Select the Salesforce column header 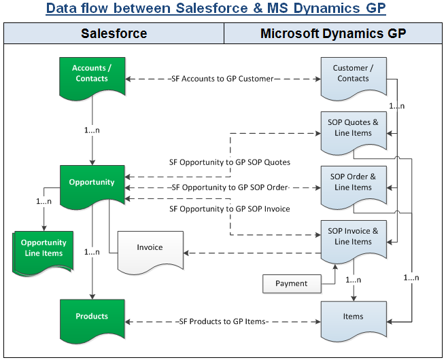114,33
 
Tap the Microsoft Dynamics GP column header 333,33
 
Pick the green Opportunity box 92,183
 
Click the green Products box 92,317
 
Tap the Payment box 292,283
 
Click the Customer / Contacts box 353,73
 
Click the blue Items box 353,317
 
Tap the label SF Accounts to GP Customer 222,79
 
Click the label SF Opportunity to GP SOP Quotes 229,162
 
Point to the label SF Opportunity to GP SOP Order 230,187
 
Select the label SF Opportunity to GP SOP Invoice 229,209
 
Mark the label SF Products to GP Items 223,321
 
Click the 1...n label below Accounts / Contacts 92,129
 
